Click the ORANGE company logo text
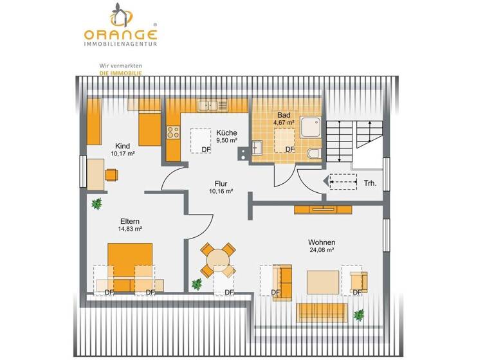pos(120,35)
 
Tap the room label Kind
pos(122,146)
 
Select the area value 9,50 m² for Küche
pos(226,141)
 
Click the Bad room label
pos(284,114)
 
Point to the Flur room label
pos(221,183)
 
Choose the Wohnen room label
pos(321,242)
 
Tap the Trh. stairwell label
pos(370,183)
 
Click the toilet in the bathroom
pos(313,152)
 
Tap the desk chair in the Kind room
pos(111,174)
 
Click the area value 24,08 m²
pos(321,250)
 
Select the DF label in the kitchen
pos(206,150)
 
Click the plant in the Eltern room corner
pos(96,204)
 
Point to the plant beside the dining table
pos(197,283)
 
